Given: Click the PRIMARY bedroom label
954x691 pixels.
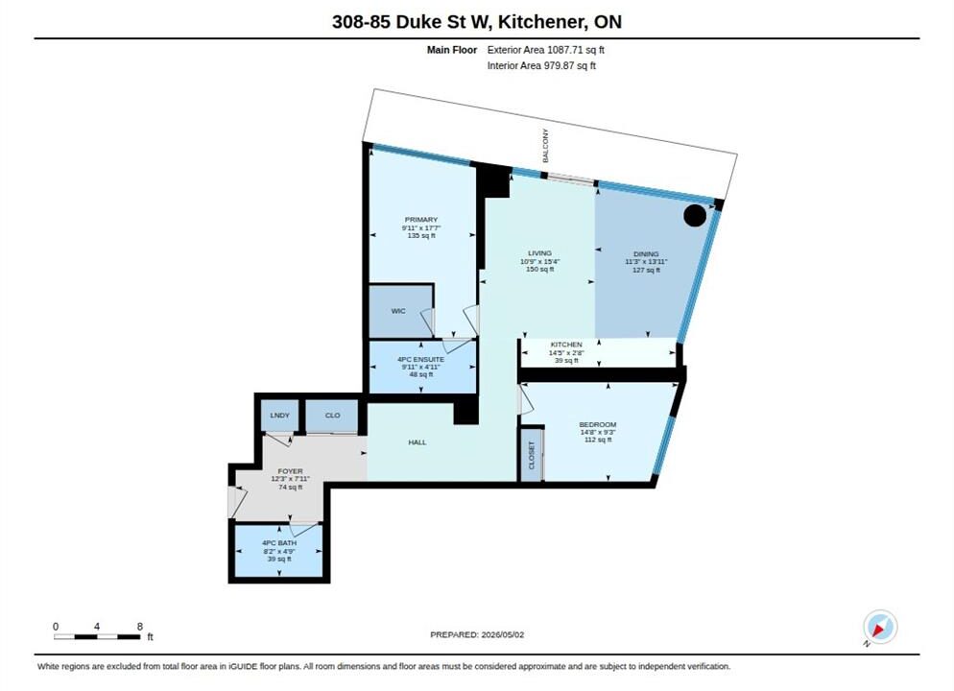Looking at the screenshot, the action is pyautogui.click(x=421, y=220).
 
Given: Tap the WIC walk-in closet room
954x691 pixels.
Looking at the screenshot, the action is pyautogui.click(x=400, y=311).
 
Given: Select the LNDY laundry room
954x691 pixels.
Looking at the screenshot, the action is pyautogui.click(x=280, y=416).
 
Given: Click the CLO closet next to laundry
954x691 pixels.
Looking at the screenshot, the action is pyautogui.click(x=332, y=416).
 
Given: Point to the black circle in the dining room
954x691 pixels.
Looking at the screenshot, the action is pyautogui.click(x=695, y=215).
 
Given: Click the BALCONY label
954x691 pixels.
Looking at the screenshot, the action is pyautogui.click(x=545, y=145).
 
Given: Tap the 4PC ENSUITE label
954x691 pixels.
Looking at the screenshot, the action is pyautogui.click(x=421, y=360).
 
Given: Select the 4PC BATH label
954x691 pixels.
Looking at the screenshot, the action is pyautogui.click(x=279, y=542).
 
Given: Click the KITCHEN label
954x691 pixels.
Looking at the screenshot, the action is pyautogui.click(x=566, y=345).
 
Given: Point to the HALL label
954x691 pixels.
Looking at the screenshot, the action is pyautogui.click(x=417, y=442).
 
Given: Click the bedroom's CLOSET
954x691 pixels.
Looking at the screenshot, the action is pyautogui.click(x=531, y=455).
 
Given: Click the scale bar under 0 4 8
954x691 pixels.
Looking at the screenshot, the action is pyautogui.click(x=97, y=637).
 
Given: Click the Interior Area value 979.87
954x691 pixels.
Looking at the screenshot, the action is pyautogui.click(x=565, y=65).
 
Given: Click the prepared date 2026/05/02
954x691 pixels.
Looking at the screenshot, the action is pyautogui.click(x=503, y=634).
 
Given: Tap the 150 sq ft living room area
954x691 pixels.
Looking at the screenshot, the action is pyautogui.click(x=539, y=269).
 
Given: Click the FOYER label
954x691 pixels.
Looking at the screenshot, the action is pyautogui.click(x=290, y=471).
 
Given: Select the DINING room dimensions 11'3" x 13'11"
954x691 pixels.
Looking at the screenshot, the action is pyautogui.click(x=646, y=262).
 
